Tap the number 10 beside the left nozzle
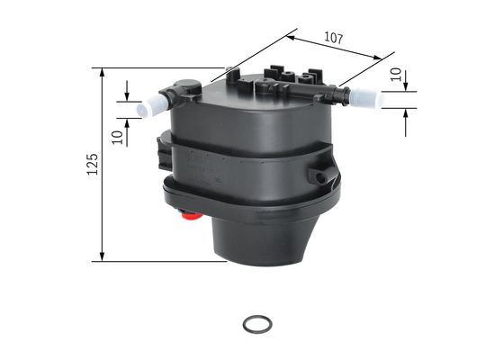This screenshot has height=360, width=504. [x=116, y=136]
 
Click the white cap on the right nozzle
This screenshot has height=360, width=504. [x=367, y=97]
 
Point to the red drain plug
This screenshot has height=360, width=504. [x=189, y=215]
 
